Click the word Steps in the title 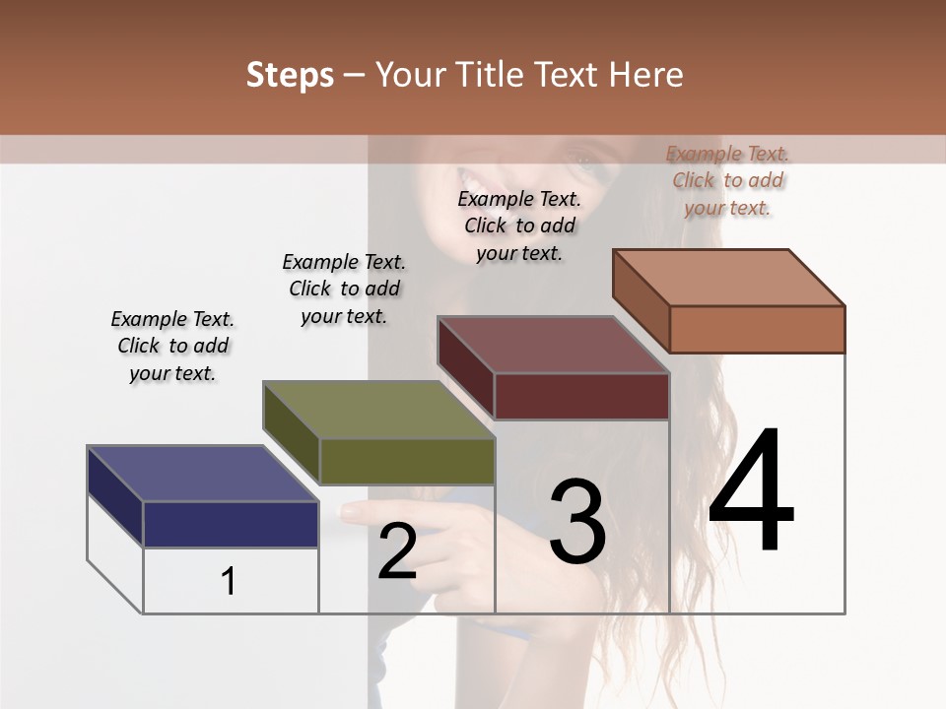290,75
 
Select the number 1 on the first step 229,581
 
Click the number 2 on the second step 397,551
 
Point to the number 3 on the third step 577,522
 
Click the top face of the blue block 202,474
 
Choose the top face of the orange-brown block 729,278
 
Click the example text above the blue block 172,346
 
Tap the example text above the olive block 344,289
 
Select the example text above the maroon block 519,226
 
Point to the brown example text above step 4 727,180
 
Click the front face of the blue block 231,524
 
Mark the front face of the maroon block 581,396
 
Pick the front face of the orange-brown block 757,329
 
